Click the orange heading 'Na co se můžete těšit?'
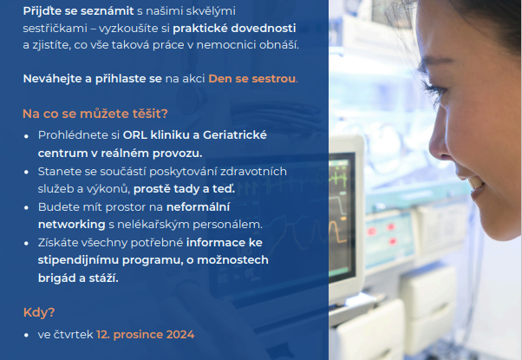pos(95,114)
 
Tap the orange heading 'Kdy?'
pos(39,312)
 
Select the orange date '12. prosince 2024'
pos(146,335)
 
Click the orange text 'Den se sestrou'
pos(252,79)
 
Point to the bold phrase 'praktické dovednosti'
pos(234,29)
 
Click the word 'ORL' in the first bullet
pos(134,135)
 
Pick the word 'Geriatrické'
pos(235,135)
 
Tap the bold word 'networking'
pos(72,225)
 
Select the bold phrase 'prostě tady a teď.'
pos(184,189)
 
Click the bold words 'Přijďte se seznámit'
pos(78,11)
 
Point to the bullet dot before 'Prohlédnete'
pos(26,136)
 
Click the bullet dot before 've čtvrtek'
pos(26,336)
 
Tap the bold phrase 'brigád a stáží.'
pos(78,278)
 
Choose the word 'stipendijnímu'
pos(78,260)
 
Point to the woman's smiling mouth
pos(474,183)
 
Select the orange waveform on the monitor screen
pos(337,231)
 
